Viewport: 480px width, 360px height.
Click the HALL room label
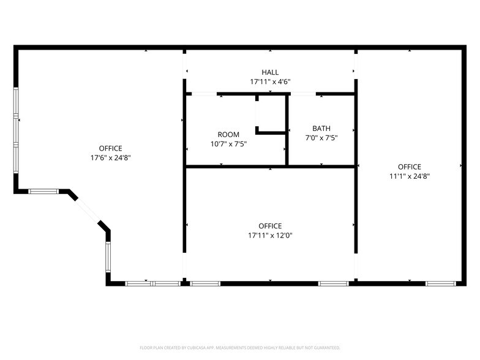[270, 72]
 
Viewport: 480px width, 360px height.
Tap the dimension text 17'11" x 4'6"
[270, 81]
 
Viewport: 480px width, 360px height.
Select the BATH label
[321, 129]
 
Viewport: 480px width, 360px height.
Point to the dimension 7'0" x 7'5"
[321, 138]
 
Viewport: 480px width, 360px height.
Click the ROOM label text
[228, 135]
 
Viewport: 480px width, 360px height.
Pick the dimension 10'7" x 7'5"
[228, 144]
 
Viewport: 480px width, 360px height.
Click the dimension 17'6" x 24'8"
[110, 157]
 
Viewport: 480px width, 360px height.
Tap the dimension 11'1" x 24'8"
[410, 176]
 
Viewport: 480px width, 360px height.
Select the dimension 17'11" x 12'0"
[270, 235]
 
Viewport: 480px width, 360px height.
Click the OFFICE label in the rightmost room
[410, 167]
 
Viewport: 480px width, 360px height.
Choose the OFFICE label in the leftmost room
[110, 148]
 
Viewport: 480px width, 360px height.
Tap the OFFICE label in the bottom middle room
[270, 226]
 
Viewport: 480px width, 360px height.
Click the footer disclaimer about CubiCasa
[240, 347]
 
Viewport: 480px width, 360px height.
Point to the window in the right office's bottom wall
[440, 283]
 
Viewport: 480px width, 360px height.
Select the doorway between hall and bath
[302, 94]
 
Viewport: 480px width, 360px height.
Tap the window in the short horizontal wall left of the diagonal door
[43, 192]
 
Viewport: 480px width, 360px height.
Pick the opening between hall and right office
[356, 72]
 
